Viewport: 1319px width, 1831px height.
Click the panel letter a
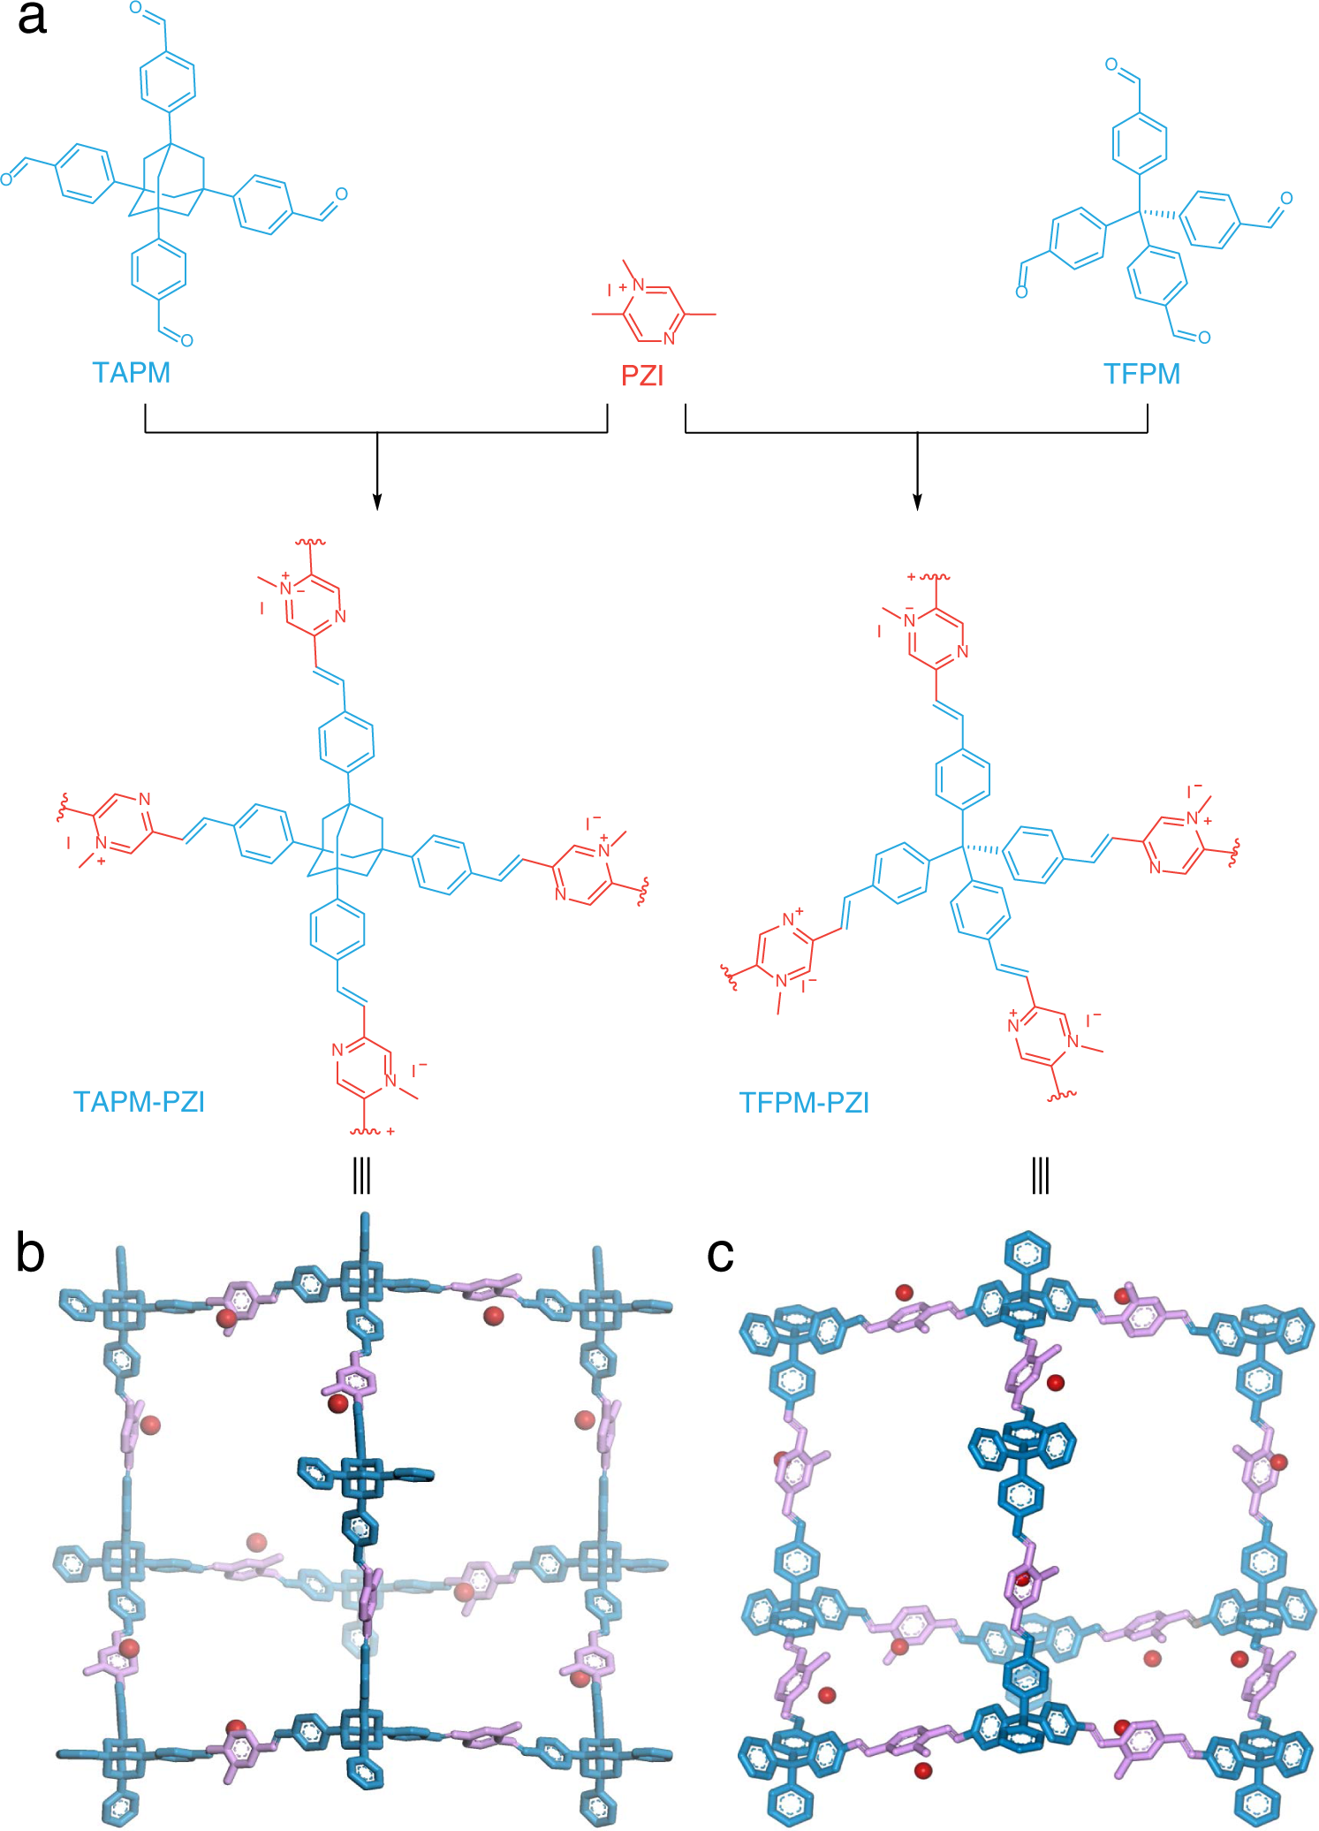click(x=32, y=19)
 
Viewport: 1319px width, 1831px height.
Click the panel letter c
click(x=720, y=1254)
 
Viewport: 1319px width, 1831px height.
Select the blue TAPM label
click(x=131, y=373)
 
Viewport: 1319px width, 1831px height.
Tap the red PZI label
click(x=642, y=376)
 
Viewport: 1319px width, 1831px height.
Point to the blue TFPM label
click(x=1141, y=374)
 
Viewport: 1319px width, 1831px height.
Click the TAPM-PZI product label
click(x=139, y=1102)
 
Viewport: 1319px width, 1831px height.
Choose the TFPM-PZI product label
click(x=804, y=1103)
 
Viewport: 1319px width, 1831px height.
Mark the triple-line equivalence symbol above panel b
click(x=361, y=1176)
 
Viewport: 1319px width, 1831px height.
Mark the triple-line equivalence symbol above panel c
click(x=1040, y=1176)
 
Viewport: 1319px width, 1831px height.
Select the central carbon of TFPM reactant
click(x=1139, y=211)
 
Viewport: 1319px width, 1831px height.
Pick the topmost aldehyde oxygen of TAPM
click(x=135, y=8)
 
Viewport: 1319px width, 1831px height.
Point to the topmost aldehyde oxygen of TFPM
click(x=1111, y=65)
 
